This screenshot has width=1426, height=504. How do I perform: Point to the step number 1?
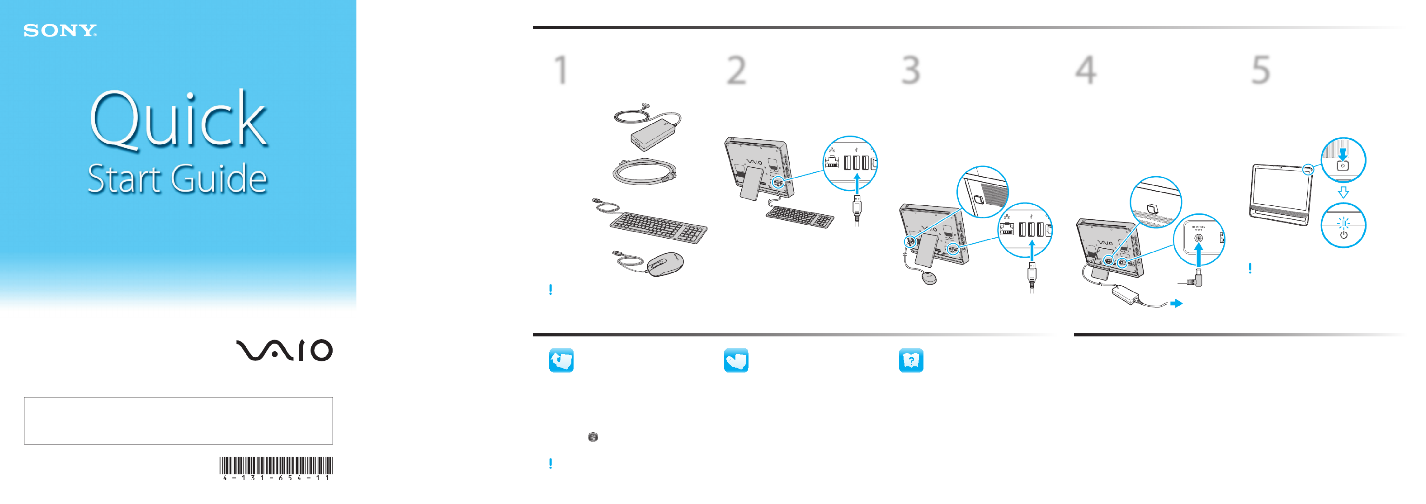(x=561, y=70)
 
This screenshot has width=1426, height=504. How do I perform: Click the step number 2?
(x=736, y=70)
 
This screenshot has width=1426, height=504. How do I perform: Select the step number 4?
(x=1086, y=70)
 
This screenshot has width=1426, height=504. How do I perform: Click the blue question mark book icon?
(x=911, y=360)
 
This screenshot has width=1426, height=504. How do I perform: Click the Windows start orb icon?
(x=593, y=437)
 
